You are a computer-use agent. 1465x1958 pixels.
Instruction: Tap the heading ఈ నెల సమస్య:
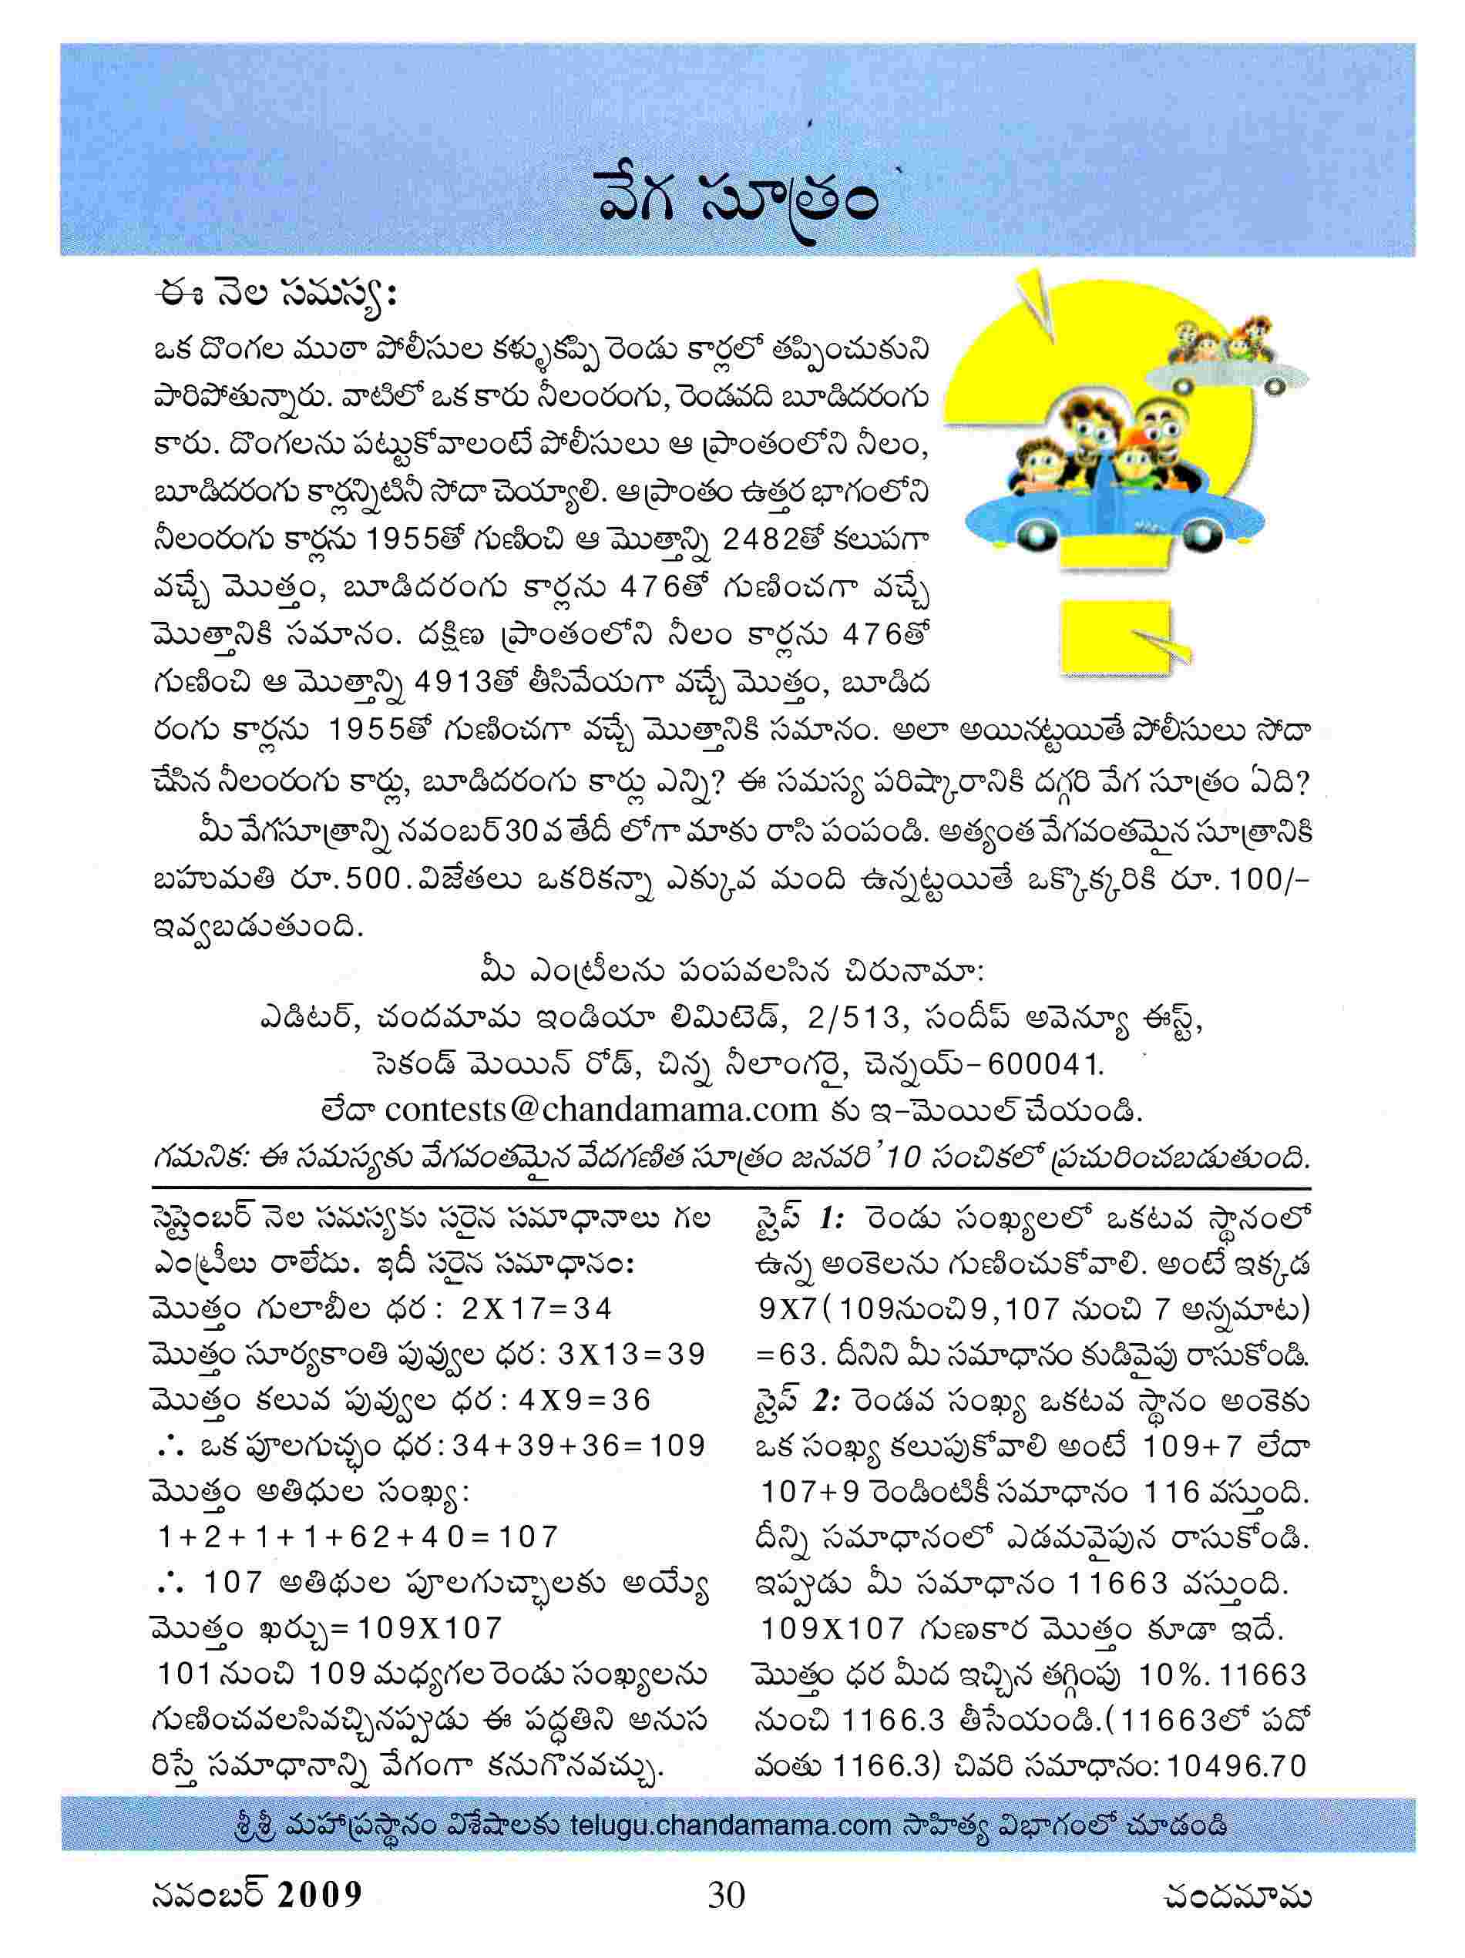click(x=273, y=295)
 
